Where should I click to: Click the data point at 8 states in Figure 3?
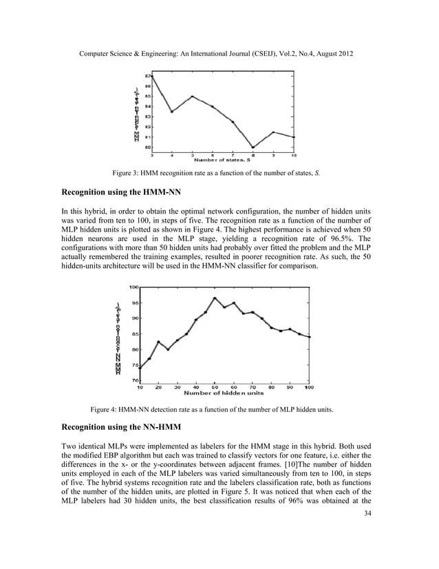pyautogui.click(x=253, y=147)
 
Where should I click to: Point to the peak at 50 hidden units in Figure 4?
pyautogui.click(x=215, y=298)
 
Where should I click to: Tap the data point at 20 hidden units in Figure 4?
pyautogui.click(x=158, y=342)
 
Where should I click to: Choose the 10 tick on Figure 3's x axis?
pyautogui.click(x=294, y=154)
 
